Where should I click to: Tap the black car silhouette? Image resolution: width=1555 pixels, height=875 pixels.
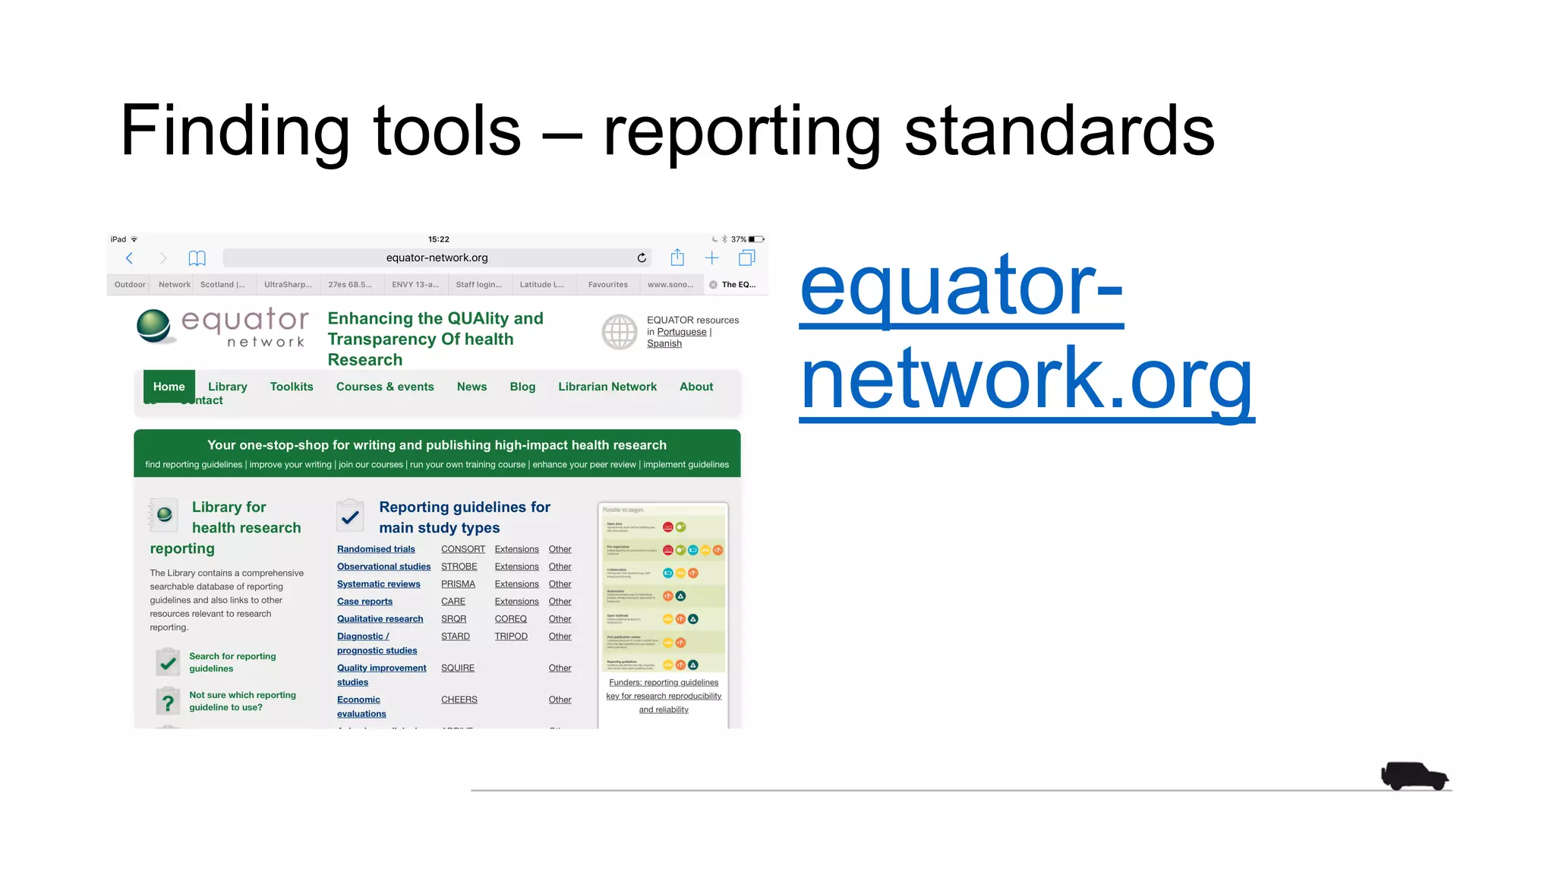[x=1414, y=775]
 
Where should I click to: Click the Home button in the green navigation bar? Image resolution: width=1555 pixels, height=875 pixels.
[x=169, y=387]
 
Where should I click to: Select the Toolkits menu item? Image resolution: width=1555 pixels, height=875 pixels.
[x=292, y=387]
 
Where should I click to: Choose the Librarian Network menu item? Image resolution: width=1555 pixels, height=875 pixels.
[x=607, y=387]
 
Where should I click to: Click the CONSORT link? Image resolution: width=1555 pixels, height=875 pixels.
[x=462, y=549]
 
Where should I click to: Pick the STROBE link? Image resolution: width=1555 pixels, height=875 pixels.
[x=459, y=567]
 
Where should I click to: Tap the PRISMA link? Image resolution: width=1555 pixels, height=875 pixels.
[x=458, y=584]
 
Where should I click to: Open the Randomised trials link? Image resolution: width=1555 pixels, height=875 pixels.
[x=376, y=549]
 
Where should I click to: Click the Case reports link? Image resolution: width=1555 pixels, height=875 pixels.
[x=364, y=602]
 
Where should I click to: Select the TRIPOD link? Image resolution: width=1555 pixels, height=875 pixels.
[x=511, y=637]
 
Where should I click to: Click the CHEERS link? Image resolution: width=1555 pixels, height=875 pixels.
[x=459, y=700]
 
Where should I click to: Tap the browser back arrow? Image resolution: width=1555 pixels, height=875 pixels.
[x=130, y=258]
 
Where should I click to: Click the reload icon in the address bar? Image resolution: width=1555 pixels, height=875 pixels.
[x=642, y=258]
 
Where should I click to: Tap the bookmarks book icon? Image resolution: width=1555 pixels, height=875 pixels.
[x=197, y=258]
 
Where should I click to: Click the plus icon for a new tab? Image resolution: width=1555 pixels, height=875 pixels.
[x=711, y=258]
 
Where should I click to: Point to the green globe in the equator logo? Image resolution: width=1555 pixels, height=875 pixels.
[x=154, y=326]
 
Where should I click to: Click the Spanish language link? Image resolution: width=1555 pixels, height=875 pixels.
[x=664, y=344]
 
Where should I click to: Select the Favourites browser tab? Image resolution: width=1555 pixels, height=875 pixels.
[x=607, y=285]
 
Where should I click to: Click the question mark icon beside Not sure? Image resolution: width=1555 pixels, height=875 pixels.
[x=168, y=701]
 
